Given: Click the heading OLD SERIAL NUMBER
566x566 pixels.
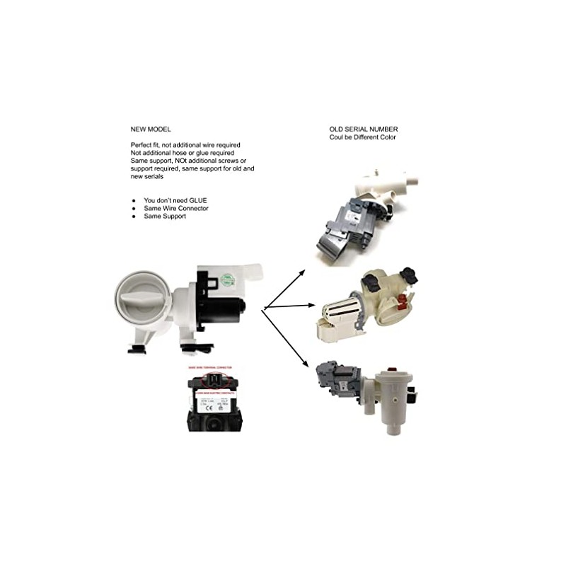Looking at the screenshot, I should coord(363,129).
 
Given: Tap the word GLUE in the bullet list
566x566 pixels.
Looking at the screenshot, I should coord(198,201).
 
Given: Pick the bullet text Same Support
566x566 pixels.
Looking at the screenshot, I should coord(166,216).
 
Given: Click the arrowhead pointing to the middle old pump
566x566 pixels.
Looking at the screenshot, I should coord(313,305).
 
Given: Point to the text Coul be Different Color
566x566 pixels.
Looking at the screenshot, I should coord(363,137).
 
